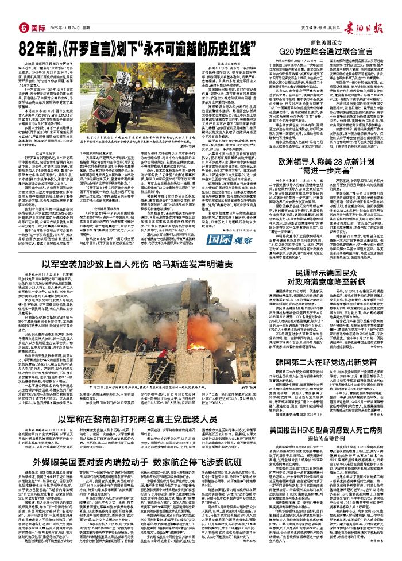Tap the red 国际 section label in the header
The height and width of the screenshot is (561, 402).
(x=38, y=27)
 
